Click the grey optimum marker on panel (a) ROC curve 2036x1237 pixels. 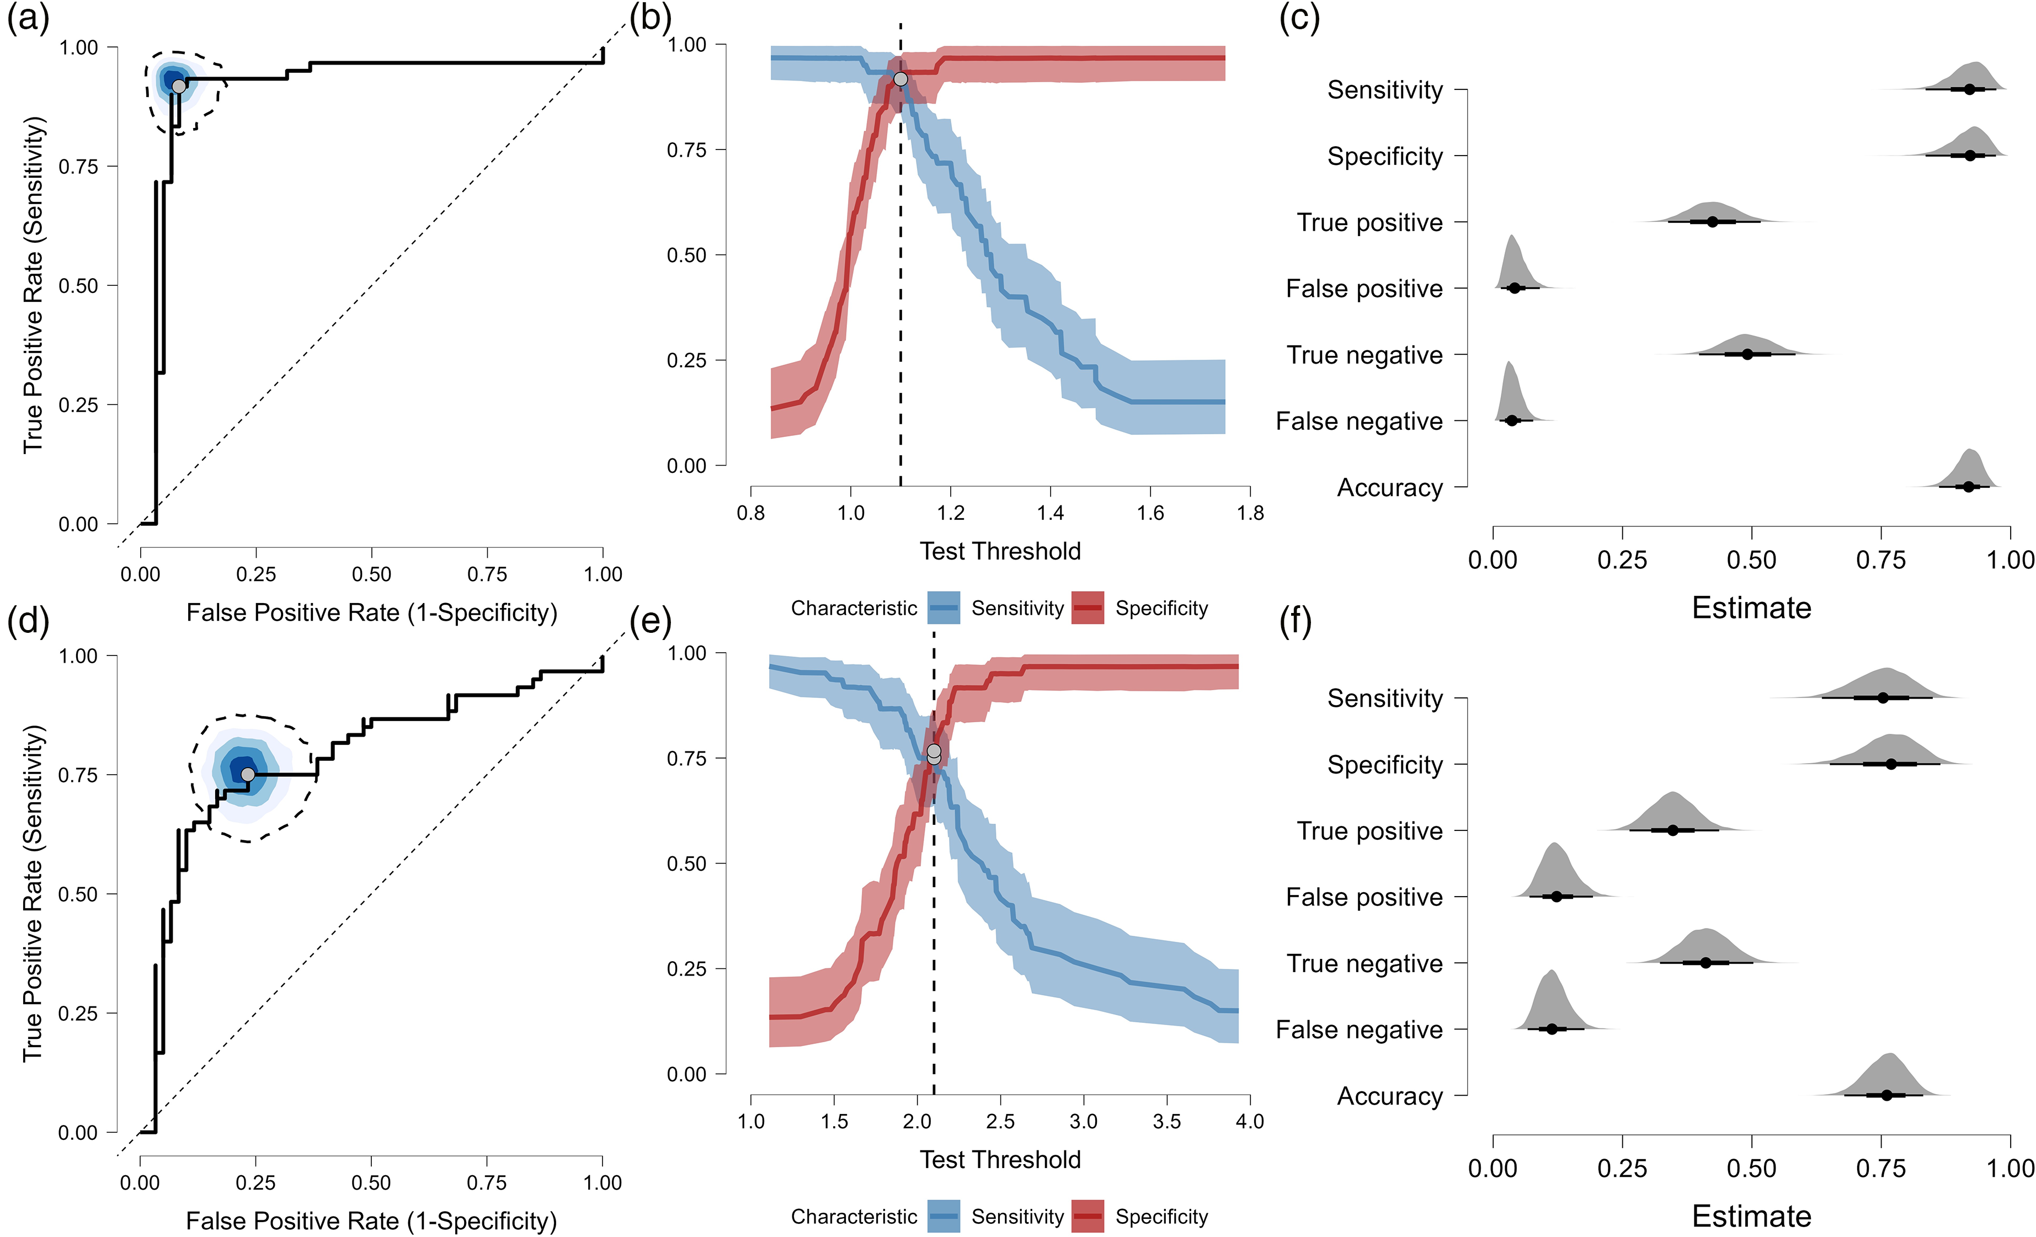(x=178, y=86)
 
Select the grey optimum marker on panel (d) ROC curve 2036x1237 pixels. (x=248, y=774)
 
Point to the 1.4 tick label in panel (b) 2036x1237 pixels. (x=1050, y=513)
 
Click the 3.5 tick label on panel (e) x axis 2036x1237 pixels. (x=1167, y=1121)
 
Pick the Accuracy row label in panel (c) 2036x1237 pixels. (x=1390, y=488)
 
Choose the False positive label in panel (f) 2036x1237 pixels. (x=1364, y=897)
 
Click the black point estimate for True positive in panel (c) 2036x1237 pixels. (x=1712, y=221)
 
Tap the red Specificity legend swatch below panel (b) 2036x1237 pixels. (x=1088, y=608)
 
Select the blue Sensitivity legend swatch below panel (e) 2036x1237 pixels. (x=944, y=1217)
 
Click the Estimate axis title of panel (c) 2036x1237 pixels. (x=1752, y=608)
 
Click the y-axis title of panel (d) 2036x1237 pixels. (x=33, y=893)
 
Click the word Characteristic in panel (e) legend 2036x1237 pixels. (x=854, y=1217)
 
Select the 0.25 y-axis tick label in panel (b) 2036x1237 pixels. (x=686, y=360)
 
